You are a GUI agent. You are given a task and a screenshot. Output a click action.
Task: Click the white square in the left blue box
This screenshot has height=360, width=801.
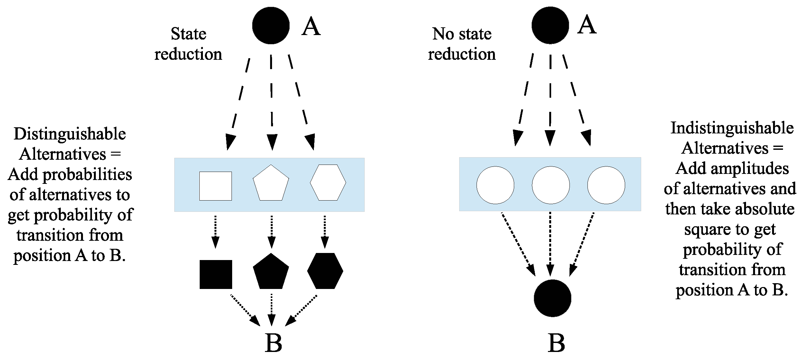[x=215, y=186]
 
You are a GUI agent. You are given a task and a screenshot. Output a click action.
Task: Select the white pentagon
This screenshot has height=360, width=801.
[x=271, y=184]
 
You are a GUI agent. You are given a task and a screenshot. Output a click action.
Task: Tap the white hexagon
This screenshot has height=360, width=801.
[x=328, y=182]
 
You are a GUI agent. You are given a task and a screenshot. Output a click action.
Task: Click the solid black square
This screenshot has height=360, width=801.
[x=215, y=274]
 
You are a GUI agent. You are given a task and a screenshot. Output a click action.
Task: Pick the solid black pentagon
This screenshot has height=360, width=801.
[x=271, y=272]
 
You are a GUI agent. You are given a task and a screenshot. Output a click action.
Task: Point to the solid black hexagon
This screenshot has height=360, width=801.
[x=325, y=271]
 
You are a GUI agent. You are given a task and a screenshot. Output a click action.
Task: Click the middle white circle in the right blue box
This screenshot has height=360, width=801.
[x=551, y=185]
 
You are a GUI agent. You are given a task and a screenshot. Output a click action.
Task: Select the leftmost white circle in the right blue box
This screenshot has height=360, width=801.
[x=495, y=185]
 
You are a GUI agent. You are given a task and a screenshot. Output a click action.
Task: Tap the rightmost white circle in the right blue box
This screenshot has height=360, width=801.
[x=606, y=185]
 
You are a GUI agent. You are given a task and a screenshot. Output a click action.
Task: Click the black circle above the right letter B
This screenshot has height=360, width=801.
[x=552, y=298]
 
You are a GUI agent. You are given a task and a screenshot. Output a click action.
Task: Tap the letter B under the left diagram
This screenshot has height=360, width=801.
[x=273, y=343]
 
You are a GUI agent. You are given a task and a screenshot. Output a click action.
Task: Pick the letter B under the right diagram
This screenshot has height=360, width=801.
[x=556, y=343]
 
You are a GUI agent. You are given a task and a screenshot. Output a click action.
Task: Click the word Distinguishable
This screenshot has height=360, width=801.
[x=70, y=134]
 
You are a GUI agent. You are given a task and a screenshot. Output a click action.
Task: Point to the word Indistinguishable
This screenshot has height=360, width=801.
[x=732, y=128]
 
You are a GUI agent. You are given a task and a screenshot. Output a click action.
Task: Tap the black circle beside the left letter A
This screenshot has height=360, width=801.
[x=271, y=25]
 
